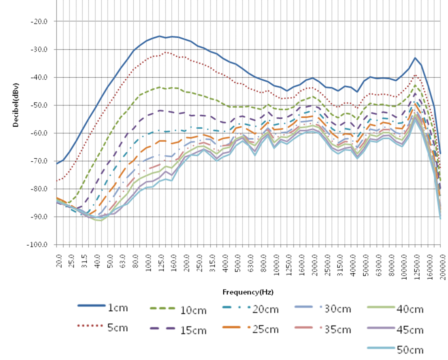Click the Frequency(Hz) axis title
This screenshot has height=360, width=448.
pyautogui.click(x=248, y=292)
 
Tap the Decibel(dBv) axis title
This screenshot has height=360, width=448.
pyautogui.click(x=16, y=105)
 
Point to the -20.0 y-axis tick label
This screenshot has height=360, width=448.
pyautogui.click(x=39, y=21)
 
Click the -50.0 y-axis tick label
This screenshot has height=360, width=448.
pyautogui.click(x=39, y=105)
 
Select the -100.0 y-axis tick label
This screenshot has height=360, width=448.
pyautogui.click(x=38, y=245)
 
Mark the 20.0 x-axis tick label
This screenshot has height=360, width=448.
pyautogui.click(x=59, y=261)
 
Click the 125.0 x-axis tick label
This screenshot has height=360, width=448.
pyautogui.click(x=161, y=263)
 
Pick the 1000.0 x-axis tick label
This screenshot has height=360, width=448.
pyautogui.click(x=276, y=264)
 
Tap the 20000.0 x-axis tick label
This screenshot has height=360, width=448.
pyautogui.click(x=443, y=266)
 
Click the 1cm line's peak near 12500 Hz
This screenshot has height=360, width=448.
pyautogui.click(x=415, y=58)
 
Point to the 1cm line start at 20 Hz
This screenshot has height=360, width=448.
pyautogui.click(x=57, y=164)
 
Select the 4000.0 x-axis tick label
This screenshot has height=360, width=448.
pyautogui.click(x=353, y=264)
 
